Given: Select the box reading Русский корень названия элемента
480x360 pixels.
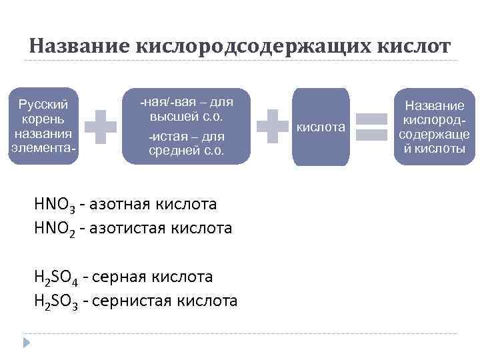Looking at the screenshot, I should pyautogui.click(x=43, y=125).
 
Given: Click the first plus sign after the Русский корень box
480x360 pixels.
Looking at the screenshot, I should pyautogui.click(x=101, y=126).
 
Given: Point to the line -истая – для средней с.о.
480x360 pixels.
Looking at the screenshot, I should pyautogui.click(x=186, y=143).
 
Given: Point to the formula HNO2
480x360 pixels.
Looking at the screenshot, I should pyautogui.click(x=56, y=229).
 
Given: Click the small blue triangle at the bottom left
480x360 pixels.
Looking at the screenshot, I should pyautogui.click(x=27, y=343).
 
